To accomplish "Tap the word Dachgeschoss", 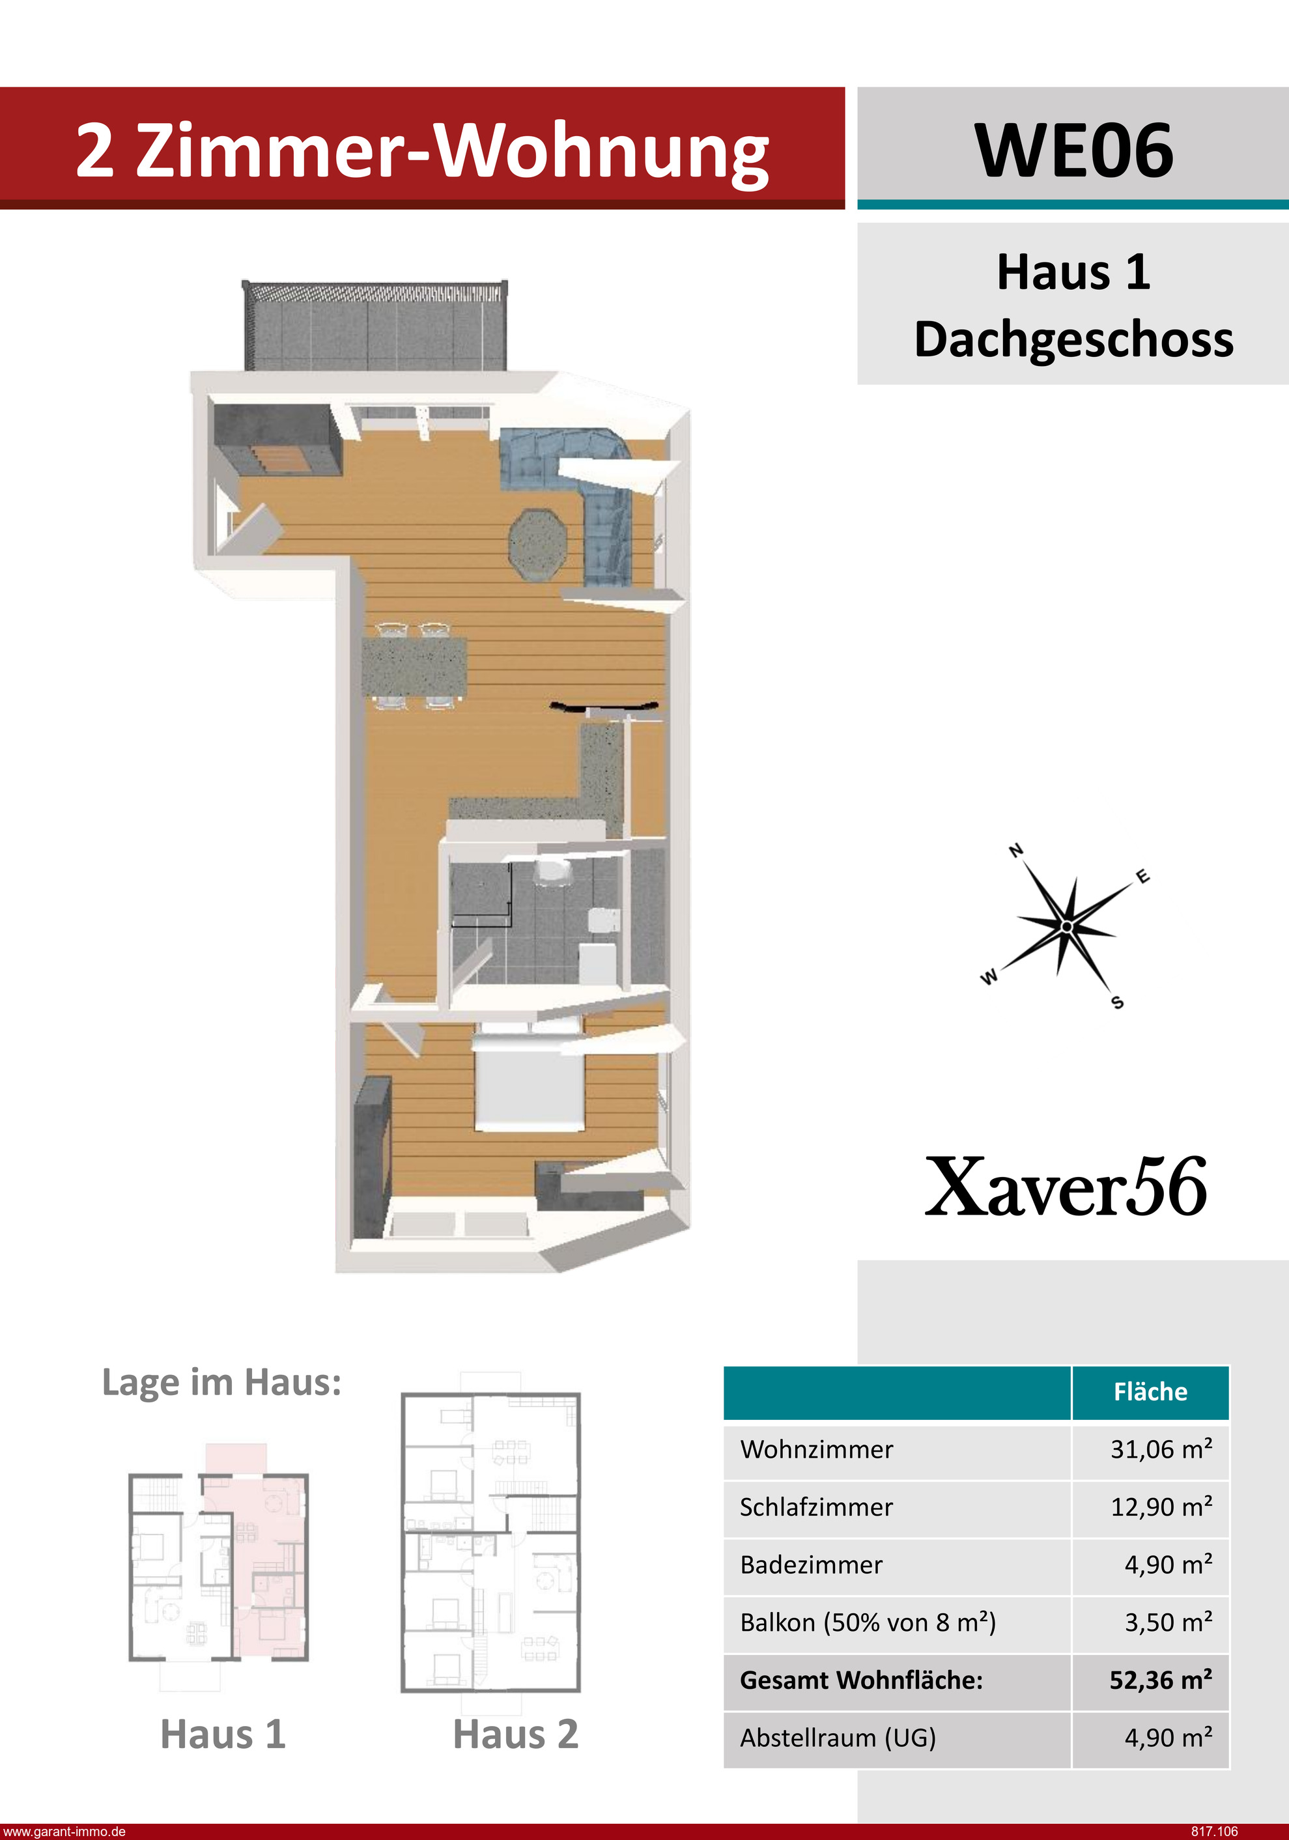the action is point(1073,339).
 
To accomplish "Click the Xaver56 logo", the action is point(1066,1187).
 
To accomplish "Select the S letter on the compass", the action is point(1118,1002).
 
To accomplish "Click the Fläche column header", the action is point(1150,1391).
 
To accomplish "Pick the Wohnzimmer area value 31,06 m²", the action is point(1161,1449).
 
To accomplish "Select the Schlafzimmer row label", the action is point(816,1507).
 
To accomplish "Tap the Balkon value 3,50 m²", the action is point(1168,1622).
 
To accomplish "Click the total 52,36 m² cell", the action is point(1161,1680).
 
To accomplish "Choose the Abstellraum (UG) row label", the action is point(838,1738).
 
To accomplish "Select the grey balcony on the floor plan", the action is point(375,326).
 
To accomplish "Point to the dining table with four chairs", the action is point(414,666).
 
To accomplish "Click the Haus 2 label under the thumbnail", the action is point(515,1734).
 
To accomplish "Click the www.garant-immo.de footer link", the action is point(64,1831).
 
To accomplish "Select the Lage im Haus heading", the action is point(222,1382).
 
